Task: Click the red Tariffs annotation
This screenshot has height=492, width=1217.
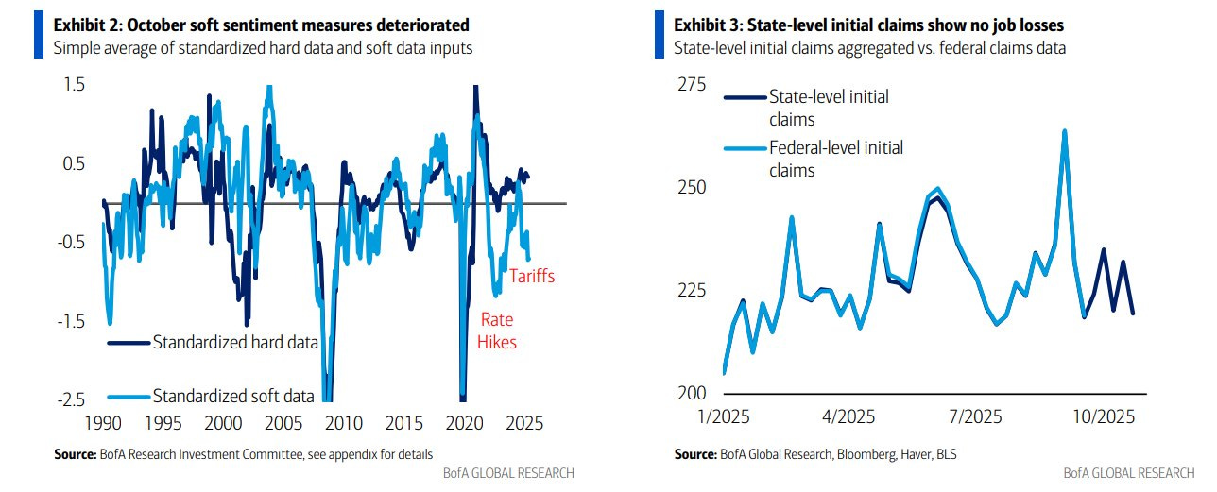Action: [x=532, y=276]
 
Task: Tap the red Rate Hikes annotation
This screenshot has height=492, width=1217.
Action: [x=497, y=331]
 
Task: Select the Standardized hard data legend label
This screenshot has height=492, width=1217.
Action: [x=235, y=343]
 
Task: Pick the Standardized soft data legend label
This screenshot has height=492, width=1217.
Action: [x=233, y=396]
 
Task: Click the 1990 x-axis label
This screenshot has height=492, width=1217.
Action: [x=103, y=423]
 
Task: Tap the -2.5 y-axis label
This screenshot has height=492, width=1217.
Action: [x=73, y=400]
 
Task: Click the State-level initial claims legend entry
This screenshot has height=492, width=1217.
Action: [x=829, y=108]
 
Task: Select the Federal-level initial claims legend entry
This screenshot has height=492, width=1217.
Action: [x=835, y=159]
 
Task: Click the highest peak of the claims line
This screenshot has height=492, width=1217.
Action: [x=1064, y=131]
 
